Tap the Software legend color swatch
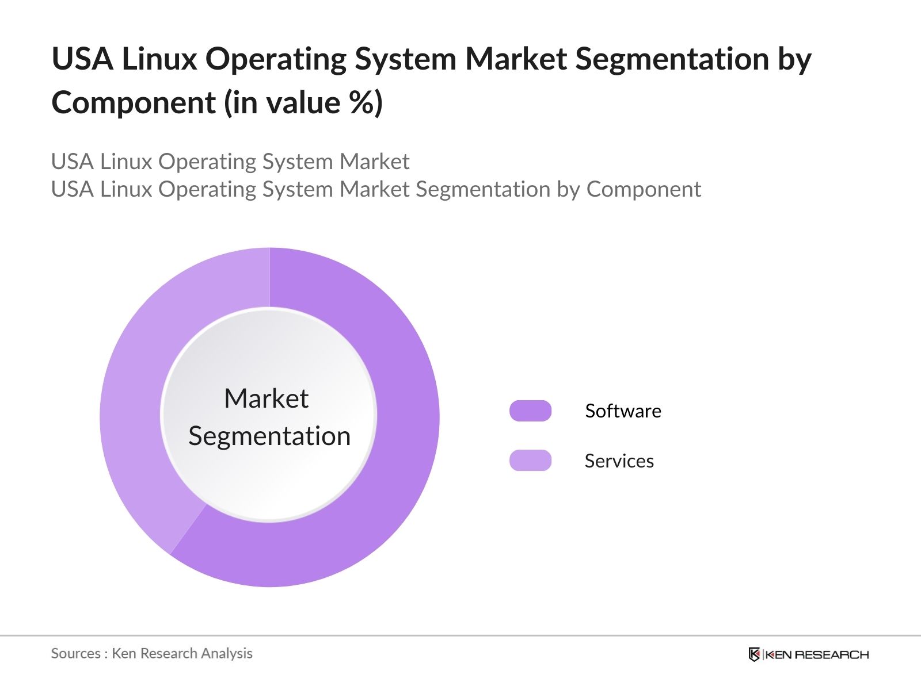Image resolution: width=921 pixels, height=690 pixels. coord(530,411)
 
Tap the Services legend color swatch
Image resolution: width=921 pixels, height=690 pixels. coord(530,461)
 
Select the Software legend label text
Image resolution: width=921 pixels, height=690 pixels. coord(623,411)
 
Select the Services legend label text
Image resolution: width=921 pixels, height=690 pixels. coord(619,461)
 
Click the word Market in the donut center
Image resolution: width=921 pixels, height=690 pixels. coord(266,398)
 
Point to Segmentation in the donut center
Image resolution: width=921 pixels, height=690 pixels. coord(269,436)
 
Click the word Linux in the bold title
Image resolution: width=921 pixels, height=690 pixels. coord(159,59)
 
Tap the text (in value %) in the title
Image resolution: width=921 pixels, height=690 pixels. coord(303,102)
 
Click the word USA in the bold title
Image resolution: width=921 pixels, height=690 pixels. coord(82,59)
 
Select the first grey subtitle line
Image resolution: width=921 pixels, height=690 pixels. coord(230,162)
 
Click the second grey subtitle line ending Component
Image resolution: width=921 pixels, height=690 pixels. coord(376,189)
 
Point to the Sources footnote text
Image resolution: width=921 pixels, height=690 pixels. coord(151,653)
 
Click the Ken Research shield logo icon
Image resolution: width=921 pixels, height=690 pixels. coord(754,654)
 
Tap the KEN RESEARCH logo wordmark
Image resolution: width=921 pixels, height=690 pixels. coord(817,654)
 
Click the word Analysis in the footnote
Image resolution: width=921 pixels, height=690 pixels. coord(230,653)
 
